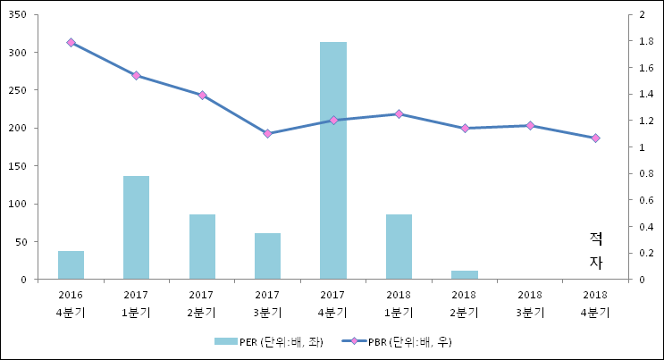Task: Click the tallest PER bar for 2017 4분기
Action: (333, 161)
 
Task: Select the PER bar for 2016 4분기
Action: (71, 264)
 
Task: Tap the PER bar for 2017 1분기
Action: (136, 227)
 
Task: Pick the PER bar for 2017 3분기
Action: (267, 255)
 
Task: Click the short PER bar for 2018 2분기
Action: (464, 274)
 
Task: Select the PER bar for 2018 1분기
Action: (399, 247)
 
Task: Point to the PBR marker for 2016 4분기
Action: (71, 42)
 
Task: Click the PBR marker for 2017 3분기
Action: (267, 133)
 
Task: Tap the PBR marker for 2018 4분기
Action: (595, 138)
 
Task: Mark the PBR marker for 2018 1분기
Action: (399, 113)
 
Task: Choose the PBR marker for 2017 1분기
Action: (136, 75)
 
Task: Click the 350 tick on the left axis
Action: (18, 15)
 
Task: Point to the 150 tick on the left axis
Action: (18, 166)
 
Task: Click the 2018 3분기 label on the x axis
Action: (530, 304)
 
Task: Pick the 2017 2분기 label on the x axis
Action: (202, 304)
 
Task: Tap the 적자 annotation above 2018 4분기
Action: (596, 250)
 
